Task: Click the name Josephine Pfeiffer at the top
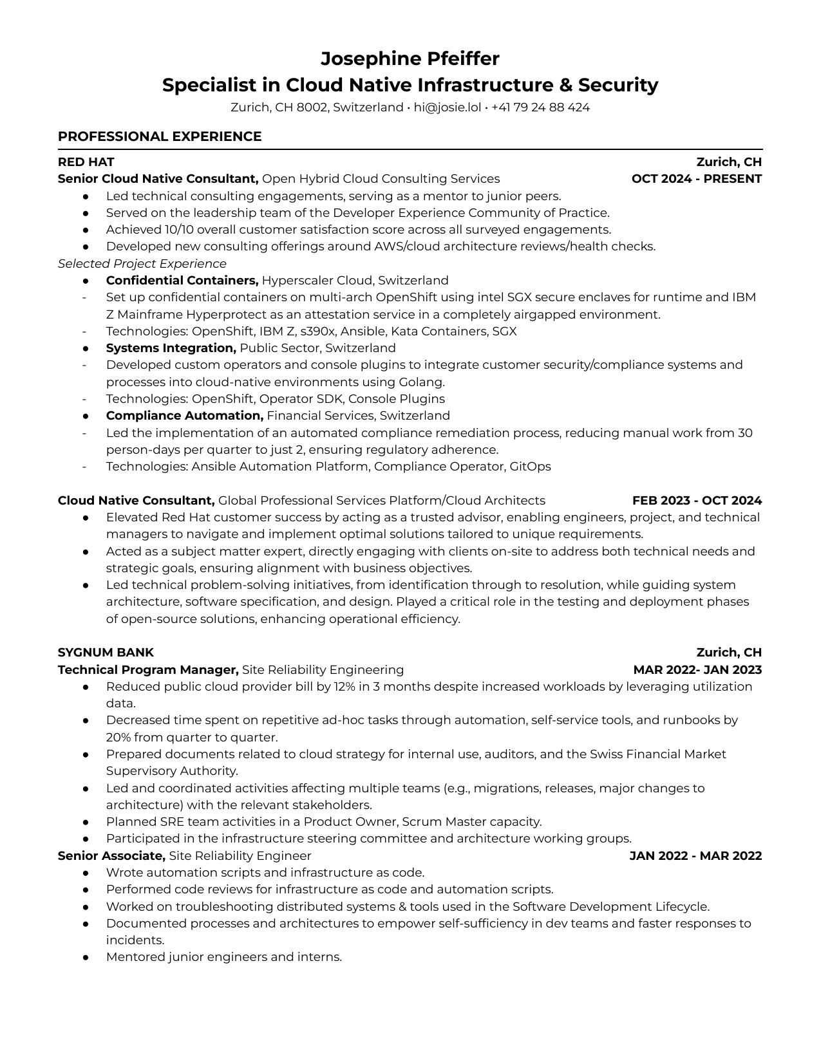coord(410,59)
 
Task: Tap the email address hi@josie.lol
coord(447,107)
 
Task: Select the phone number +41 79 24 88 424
coord(540,107)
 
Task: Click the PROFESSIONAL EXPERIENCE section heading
coord(160,136)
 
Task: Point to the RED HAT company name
coord(86,162)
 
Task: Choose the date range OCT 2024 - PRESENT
coord(696,179)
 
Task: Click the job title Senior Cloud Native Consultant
coord(158,179)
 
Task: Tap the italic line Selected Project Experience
coord(142,264)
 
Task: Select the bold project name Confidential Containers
coord(182,281)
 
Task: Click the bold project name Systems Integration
coord(171,348)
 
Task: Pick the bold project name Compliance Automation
coord(185,416)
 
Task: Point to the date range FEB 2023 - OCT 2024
coord(697,501)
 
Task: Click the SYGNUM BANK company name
coord(106,653)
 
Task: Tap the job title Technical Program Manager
coord(148,670)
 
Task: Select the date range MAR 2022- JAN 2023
coord(697,670)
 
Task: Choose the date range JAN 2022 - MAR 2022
coord(695,856)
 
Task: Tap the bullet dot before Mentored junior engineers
coord(86,958)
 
